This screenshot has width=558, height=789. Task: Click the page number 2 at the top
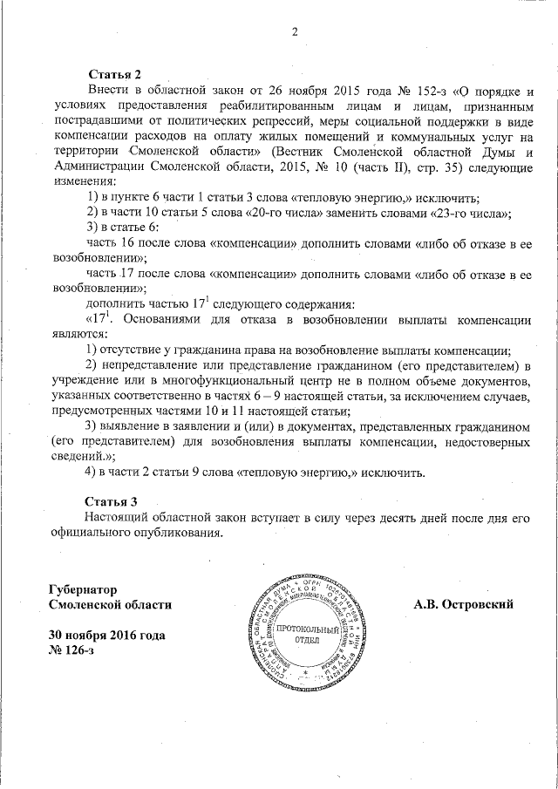[x=294, y=33]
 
